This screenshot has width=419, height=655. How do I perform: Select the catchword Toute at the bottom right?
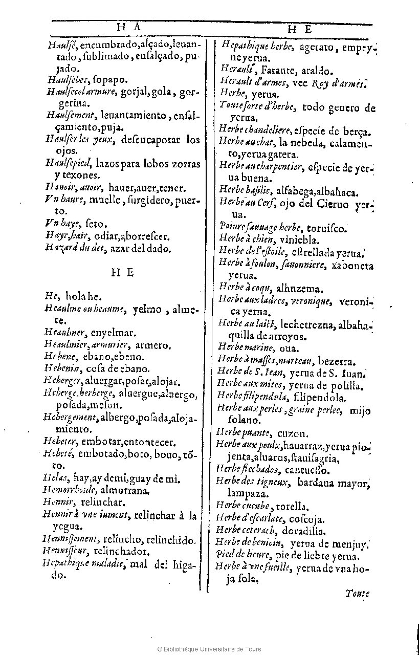pos(357,594)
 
